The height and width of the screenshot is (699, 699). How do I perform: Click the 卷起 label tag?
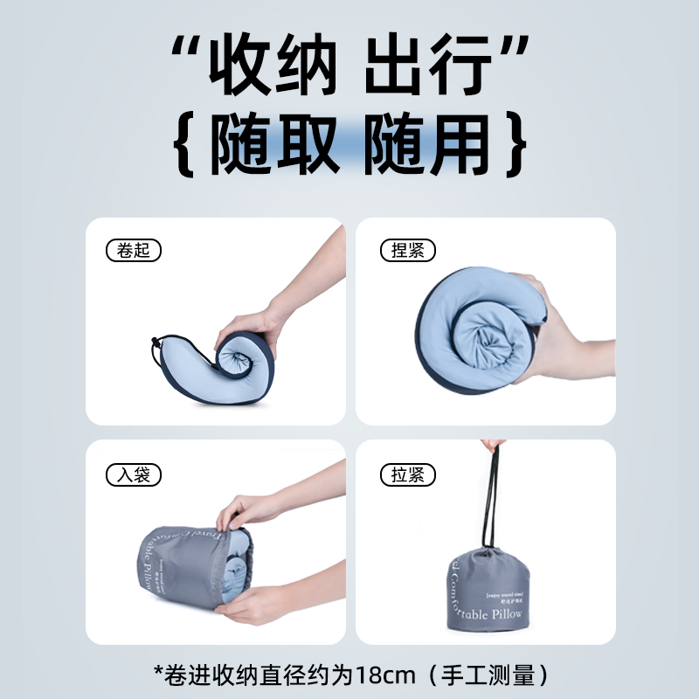tap(133, 251)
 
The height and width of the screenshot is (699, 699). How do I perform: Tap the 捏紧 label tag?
tap(407, 251)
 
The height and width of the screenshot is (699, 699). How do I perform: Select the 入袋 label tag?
tap(133, 475)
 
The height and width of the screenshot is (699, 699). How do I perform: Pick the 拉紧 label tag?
tap(407, 475)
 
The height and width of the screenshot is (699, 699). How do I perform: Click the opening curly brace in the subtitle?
tap(183, 144)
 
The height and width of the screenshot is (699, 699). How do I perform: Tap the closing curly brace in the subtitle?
tap(516, 144)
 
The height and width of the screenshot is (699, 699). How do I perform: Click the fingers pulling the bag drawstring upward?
tap(494, 447)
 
